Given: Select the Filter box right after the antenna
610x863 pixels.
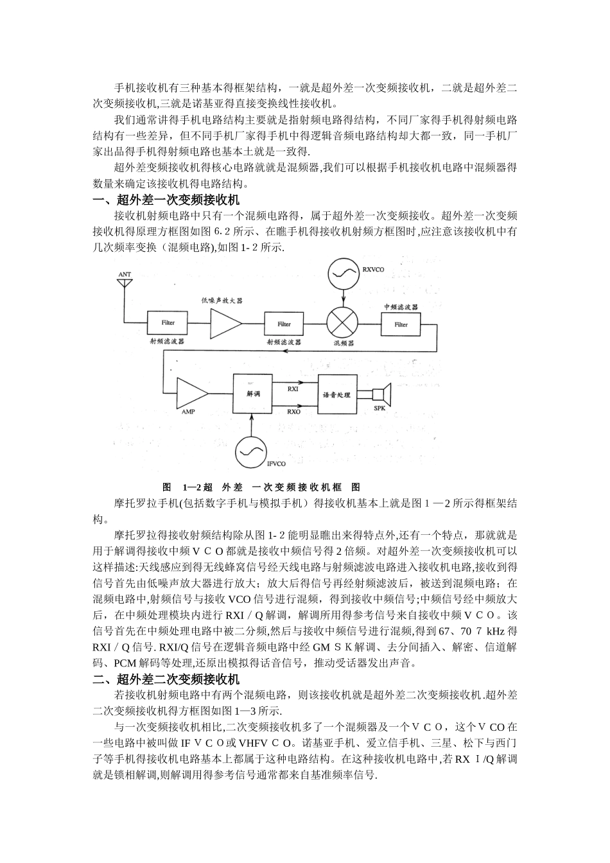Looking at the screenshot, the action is (167, 322).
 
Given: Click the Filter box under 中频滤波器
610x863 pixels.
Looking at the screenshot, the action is (401, 324).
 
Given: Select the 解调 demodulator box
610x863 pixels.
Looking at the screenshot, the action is (252, 395).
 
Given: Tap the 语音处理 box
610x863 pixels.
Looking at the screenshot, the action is (336, 394).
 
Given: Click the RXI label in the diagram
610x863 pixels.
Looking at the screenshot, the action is (293, 389).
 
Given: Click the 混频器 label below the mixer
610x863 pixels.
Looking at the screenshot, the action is (344, 343).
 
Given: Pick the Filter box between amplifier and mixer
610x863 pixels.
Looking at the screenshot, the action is (283, 324).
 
